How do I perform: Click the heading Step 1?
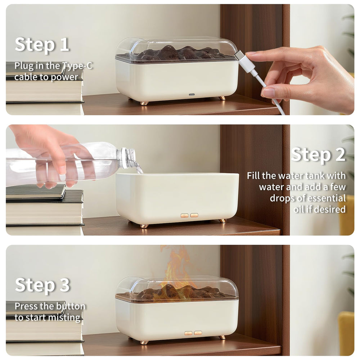42,45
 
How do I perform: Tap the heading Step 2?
318,155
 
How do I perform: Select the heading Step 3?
42,285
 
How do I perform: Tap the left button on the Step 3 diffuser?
188,333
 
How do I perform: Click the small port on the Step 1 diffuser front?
192,96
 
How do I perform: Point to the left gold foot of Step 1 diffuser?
144,103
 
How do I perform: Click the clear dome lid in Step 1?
176,45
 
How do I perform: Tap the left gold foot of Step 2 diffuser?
144,226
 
